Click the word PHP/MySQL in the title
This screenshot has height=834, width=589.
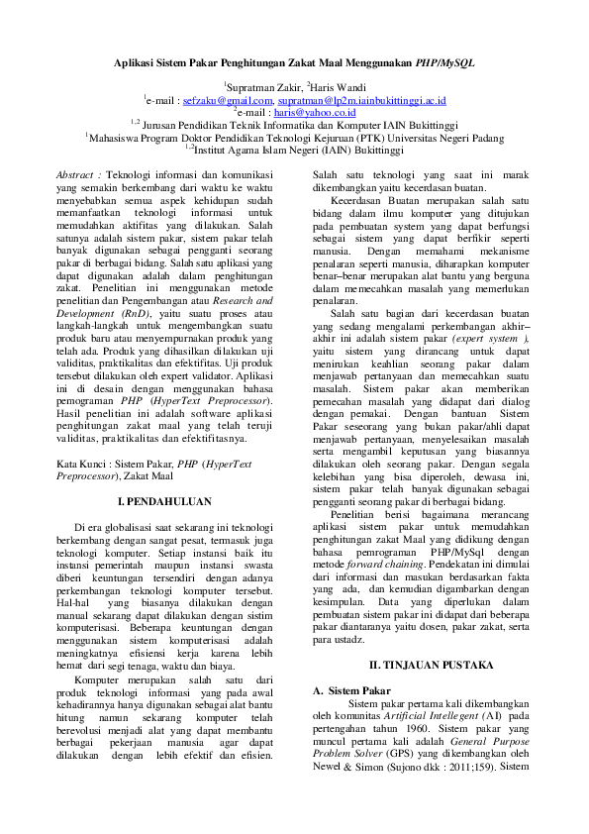click(445, 61)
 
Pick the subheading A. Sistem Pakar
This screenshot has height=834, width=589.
click(351, 690)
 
